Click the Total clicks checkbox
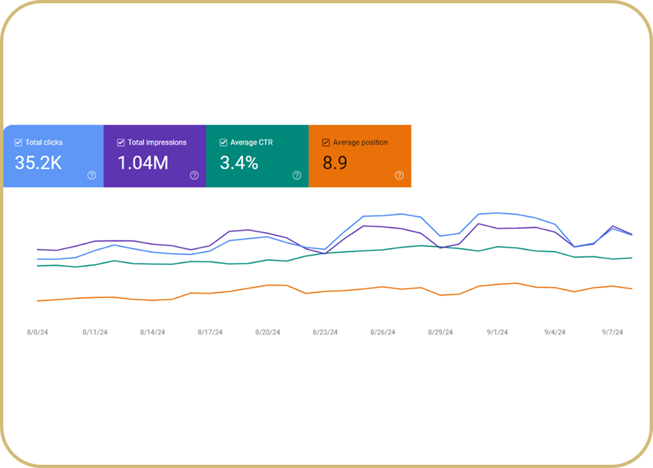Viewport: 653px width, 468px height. point(18,143)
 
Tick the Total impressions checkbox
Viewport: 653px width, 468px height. point(121,143)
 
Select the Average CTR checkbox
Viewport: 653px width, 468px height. point(223,143)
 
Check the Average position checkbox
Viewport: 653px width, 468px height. point(326,143)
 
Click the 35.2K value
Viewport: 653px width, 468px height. point(39,163)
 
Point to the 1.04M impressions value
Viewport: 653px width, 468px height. point(143,163)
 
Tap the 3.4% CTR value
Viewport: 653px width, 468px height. point(239,163)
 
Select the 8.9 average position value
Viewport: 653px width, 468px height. point(335,163)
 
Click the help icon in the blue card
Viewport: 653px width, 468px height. point(91,175)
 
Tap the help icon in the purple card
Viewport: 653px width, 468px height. point(194,175)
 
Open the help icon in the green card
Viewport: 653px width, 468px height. point(296,175)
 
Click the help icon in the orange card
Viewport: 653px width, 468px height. point(399,175)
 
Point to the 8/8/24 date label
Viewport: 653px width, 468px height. point(37,332)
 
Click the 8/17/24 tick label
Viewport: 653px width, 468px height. point(210,332)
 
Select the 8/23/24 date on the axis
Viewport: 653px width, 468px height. point(325,332)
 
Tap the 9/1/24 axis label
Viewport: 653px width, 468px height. point(497,332)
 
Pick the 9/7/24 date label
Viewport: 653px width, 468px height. point(612,332)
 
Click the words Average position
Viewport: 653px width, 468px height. point(360,143)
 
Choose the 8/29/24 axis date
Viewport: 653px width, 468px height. point(440,332)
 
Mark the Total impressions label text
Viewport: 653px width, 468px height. point(157,143)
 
